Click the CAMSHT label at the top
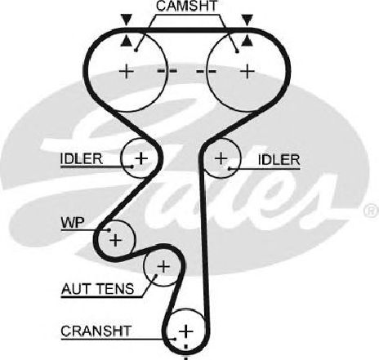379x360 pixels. click(187, 7)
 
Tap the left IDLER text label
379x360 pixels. click(82, 158)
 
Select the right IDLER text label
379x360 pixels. click(279, 160)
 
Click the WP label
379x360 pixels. click(73, 223)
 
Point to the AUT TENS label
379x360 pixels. click(98, 289)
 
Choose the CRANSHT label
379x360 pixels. click(96, 331)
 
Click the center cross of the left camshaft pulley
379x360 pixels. click(127, 72)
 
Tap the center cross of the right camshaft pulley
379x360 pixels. click(247, 72)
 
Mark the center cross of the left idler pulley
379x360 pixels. click(141, 158)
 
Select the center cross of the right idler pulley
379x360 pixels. click(221, 158)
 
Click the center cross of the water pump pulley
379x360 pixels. click(115, 240)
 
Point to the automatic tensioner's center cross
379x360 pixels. click(163, 266)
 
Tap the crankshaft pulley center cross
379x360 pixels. click(186, 331)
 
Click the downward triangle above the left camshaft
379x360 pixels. click(127, 20)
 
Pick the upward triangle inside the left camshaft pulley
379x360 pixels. click(127, 41)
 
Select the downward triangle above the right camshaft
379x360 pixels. click(247, 20)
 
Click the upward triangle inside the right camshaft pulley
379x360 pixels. click(247, 41)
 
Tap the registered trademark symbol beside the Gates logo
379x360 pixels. click(372, 210)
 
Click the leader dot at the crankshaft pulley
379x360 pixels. click(175, 339)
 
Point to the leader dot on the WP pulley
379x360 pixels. click(109, 230)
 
